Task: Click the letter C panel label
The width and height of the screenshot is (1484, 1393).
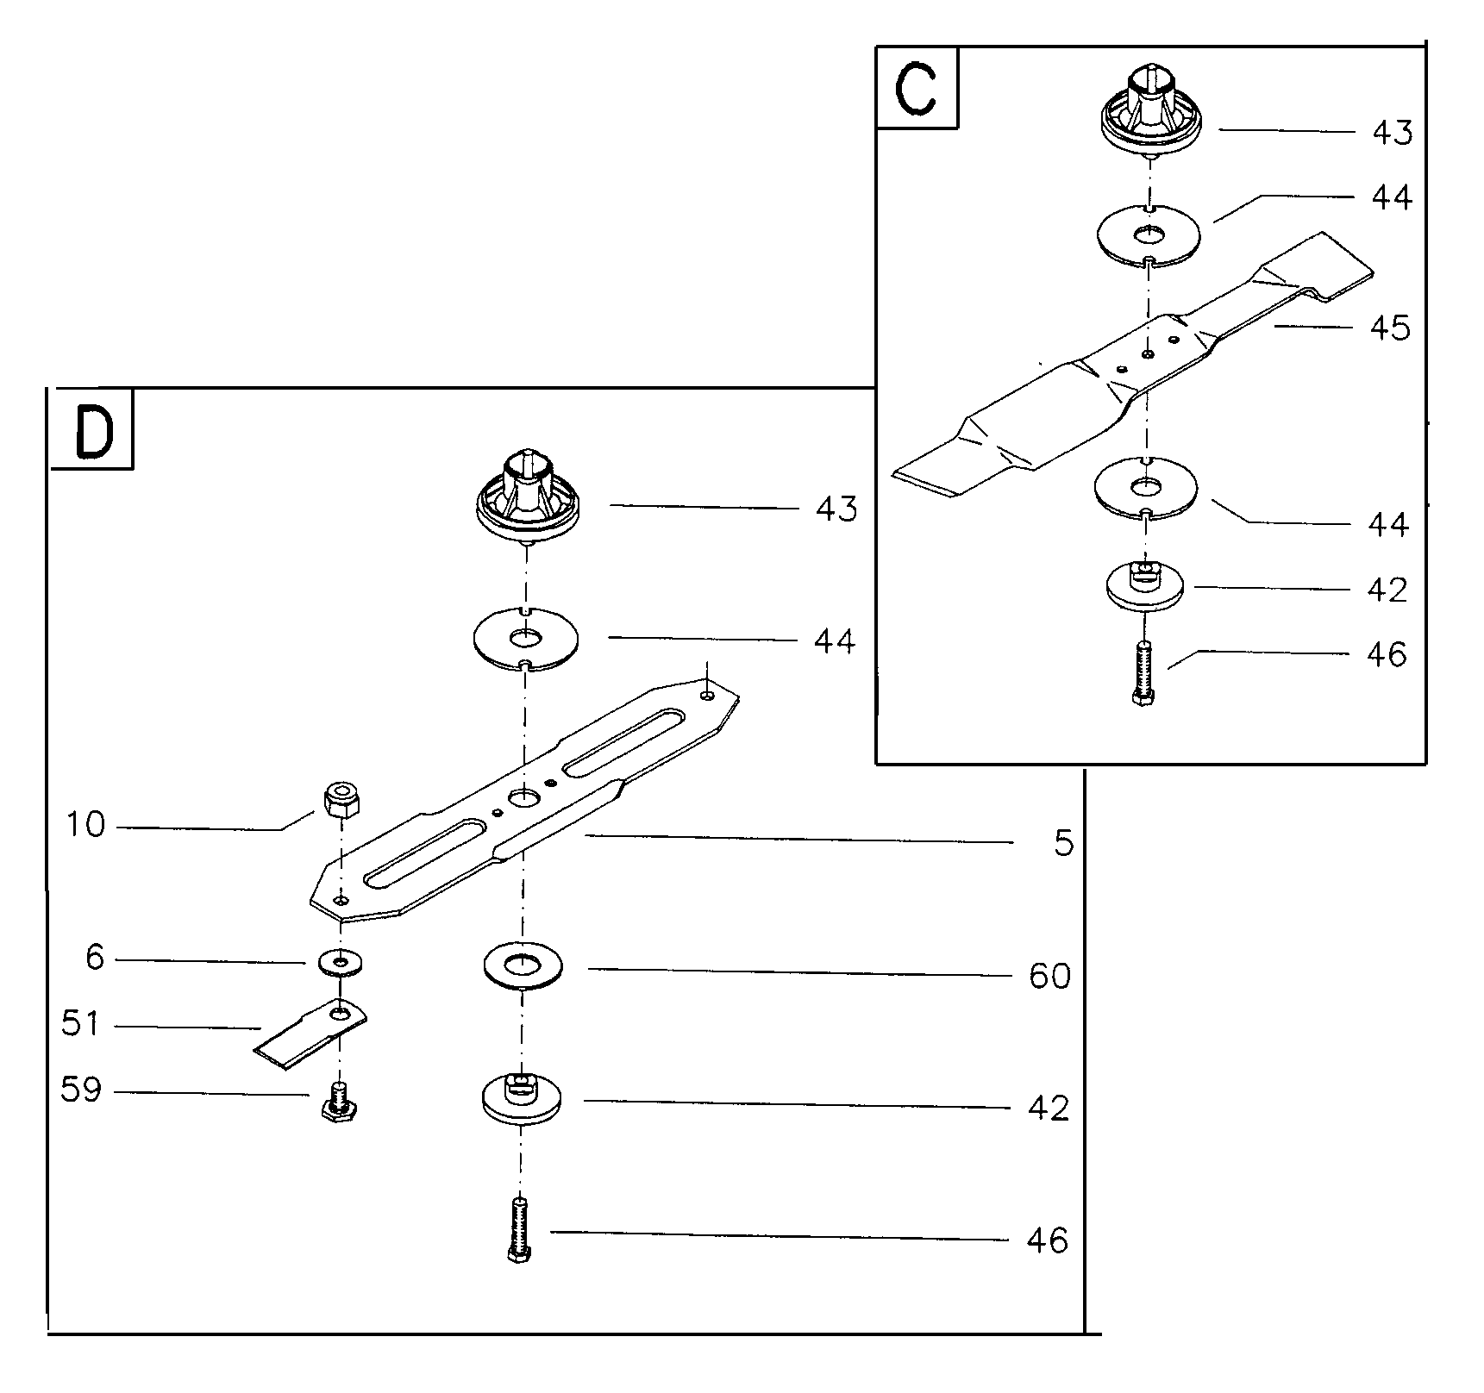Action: [916, 89]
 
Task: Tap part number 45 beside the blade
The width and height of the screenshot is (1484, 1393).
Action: [1390, 328]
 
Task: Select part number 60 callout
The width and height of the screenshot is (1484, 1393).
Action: [1049, 976]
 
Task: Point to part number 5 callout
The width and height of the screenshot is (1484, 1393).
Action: [1064, 843]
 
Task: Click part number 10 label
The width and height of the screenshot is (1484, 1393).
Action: [86, 825]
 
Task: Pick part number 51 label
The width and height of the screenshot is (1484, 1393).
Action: [81, 1024]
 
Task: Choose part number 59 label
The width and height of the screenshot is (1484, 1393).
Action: [81, 1090]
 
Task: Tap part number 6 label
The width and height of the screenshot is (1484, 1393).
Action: [95, 957]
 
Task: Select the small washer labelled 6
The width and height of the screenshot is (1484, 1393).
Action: [341, 961]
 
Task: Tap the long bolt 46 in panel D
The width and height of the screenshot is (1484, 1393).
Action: [520, 1231]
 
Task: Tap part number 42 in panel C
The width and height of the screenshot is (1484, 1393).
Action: [1387, 590]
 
